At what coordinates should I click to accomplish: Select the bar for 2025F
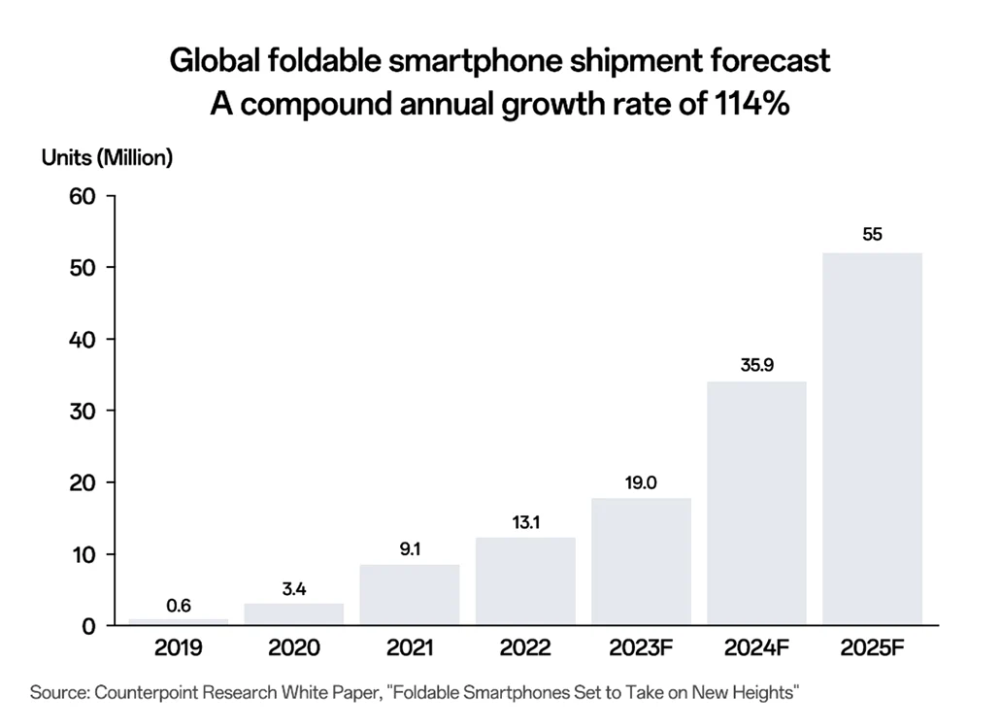pos(872,439)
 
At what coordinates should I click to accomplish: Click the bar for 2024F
pos(756,503)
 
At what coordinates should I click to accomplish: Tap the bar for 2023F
pos(641,561)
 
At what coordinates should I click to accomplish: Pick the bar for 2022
pos(525,581)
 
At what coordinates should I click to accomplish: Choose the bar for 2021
pos(410,595)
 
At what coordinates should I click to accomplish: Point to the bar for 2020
pos(293,613)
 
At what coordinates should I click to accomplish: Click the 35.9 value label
pos(757,365)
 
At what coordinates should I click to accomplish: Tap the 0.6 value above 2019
pos(179,606)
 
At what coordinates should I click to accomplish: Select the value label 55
pos(872,234)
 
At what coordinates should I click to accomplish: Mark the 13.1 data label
pos(526,522)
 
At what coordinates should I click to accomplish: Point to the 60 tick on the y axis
pos(83,196)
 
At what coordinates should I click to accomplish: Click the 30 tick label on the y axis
pos(83,412)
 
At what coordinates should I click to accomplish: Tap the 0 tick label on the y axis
pos(88,626)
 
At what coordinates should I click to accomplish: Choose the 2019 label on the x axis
pos(178,647)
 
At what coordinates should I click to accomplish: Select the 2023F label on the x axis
pos(641,647)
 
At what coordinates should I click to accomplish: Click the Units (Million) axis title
pos(107,157)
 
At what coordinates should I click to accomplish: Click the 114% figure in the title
pos(751,103)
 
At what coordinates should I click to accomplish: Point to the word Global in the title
pos(216,61)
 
